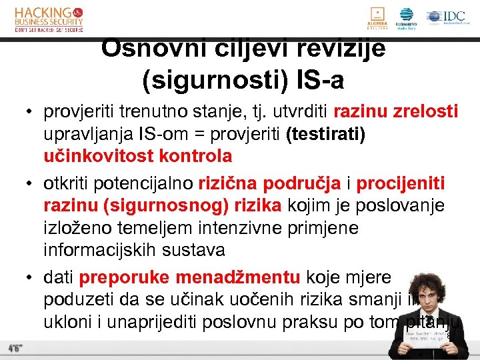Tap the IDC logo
(446, 18)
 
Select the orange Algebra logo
(377, 18)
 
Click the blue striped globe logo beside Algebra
(406, 18)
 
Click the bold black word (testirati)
(325, 133)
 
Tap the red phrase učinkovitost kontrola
(137, 156)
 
